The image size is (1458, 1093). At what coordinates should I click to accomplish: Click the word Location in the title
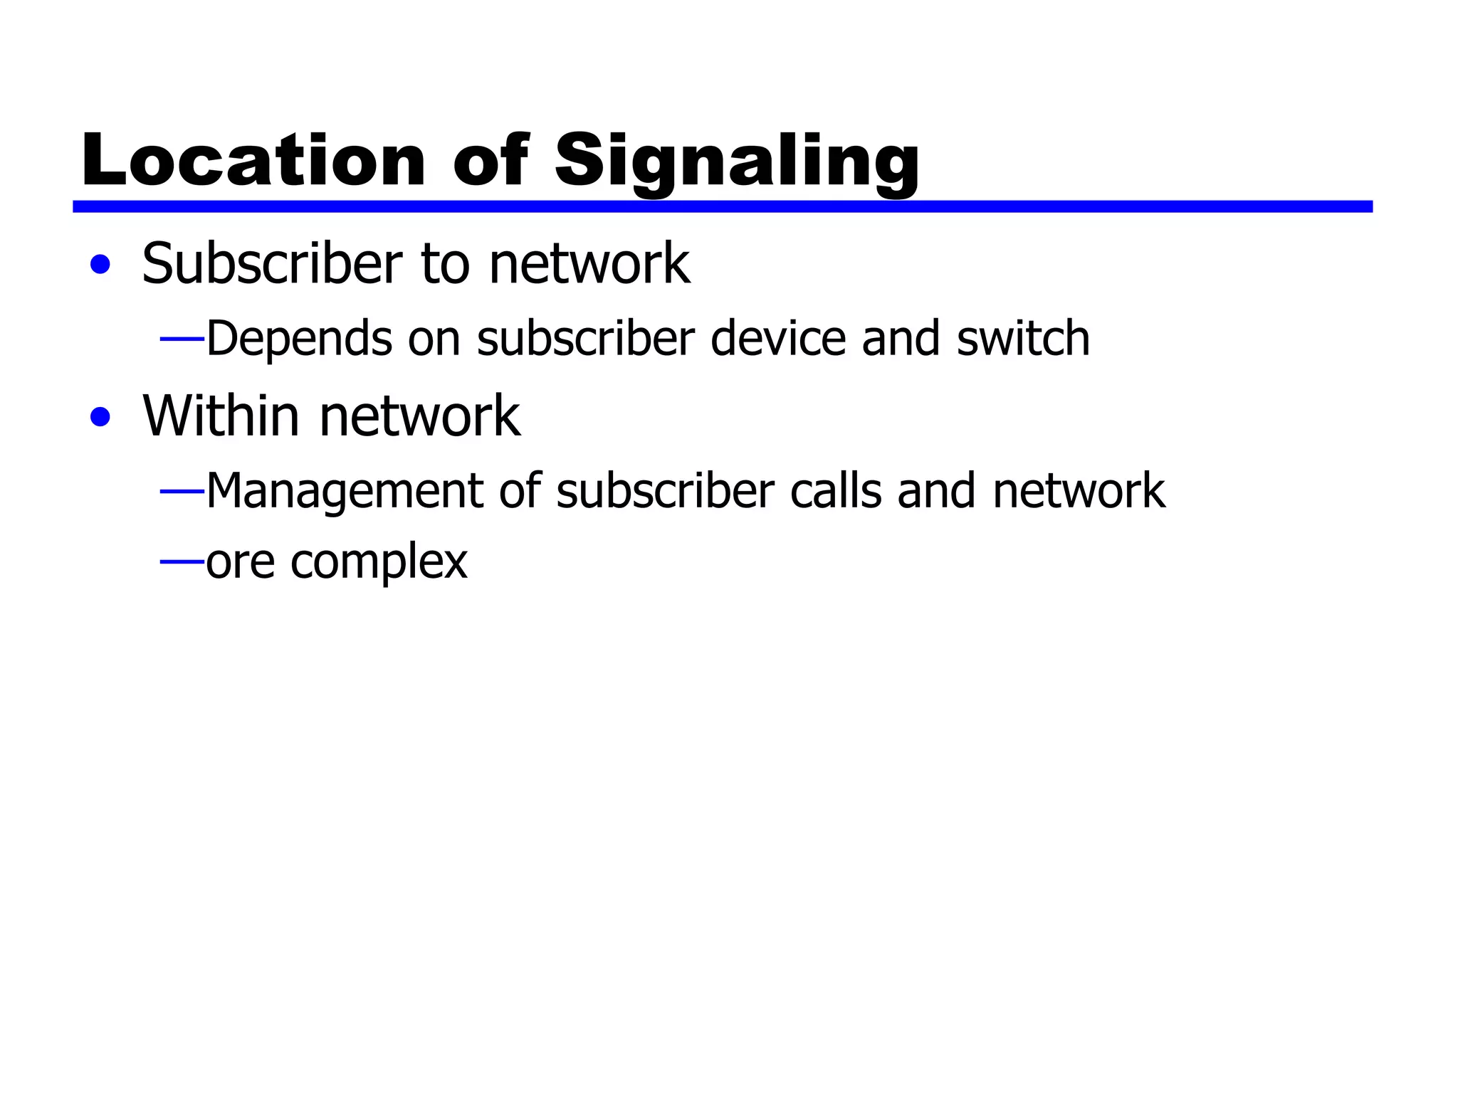(x=253, y=161)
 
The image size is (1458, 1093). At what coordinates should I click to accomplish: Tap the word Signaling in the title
(x=737, y=162)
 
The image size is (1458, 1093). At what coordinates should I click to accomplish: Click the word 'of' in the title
(x=491, y=161)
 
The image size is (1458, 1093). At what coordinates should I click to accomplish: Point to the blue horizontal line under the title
(x=722, y=206)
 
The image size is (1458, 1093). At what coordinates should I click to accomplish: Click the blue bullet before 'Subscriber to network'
(x=100, y=265)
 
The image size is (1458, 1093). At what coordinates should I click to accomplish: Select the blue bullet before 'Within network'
(x=100, y=417)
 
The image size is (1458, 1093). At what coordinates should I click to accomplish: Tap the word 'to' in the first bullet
(x=446, y=265)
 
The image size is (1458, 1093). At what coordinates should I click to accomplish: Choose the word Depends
(x=299, y=339)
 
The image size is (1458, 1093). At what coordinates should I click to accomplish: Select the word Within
(x=221, y=416)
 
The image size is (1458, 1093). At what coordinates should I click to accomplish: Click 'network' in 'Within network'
(x=420, y=417)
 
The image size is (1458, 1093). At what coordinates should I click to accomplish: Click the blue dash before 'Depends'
(x=182, y=339)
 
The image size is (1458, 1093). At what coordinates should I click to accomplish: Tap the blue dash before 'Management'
(x=182, y=491)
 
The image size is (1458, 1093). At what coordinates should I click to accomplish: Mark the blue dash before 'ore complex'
(x=182, y=562)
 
